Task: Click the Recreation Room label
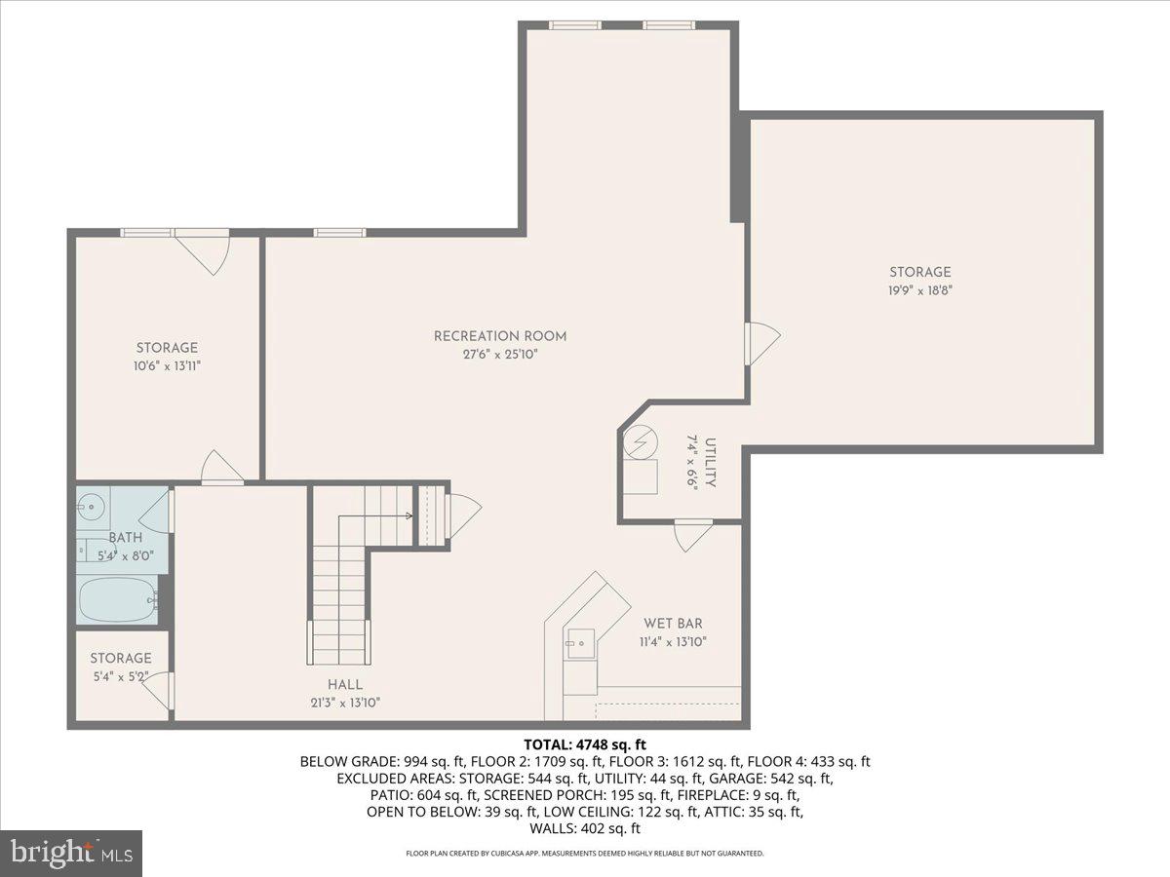[500, 336]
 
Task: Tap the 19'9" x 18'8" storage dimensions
[920, 290]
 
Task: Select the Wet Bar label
[673, 623]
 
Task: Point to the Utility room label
[710, 462]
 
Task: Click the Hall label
[345, 685]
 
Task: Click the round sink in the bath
[90, 506]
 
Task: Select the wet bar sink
[580, 643]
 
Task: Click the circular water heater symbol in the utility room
[641, 440]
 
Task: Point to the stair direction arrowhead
[409, 515]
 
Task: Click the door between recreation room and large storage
[762, 343]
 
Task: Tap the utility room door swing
[693, 536]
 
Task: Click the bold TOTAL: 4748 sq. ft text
[585, 744]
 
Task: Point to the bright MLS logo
[71, 853]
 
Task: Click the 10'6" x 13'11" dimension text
[167, 365]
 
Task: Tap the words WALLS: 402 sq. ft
[585, 828]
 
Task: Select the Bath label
[125, 537]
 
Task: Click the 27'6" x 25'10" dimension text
[500, 355]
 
